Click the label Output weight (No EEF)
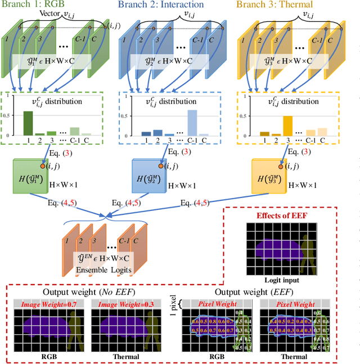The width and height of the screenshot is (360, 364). point(76,294)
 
